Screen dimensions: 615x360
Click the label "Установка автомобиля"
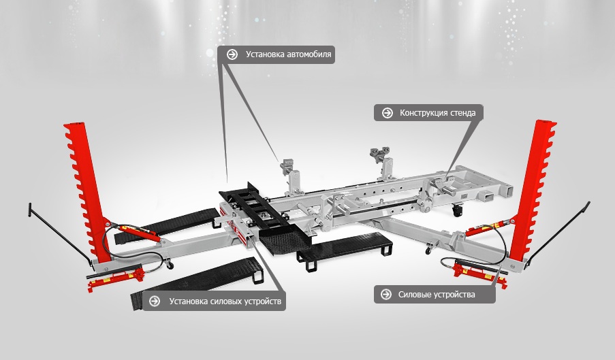click(x=288, y=54)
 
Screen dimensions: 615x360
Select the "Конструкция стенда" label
click(x=437, y=113)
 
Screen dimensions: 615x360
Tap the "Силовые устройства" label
click(x=437, y=295)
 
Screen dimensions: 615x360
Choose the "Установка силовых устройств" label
click(x=225, y=301)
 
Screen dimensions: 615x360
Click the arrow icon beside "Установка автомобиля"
click(x=232, y=54)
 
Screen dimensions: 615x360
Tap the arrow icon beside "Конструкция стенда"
click(x=387, y=113)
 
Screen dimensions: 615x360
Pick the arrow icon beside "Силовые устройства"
click(x=386, y=294)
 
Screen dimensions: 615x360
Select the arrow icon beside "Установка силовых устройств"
click(x=155, y=301)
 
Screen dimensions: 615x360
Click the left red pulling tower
click(x=87, y=192)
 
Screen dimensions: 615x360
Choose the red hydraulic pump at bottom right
click(x=479, y=271)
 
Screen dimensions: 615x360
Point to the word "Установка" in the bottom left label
click(x=188, y=301)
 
